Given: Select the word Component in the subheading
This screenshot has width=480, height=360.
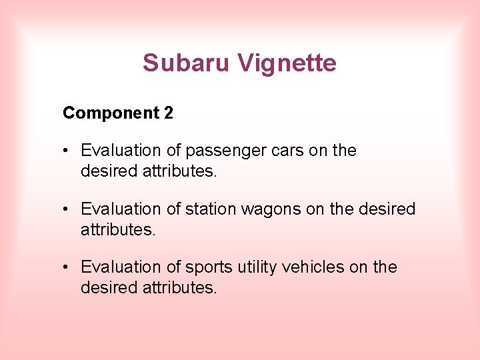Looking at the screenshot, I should [x=111, y=113].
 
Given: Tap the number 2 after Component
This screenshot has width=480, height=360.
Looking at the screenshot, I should [x=169, y=113].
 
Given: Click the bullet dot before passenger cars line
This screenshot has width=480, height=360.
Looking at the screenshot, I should [x=67, y=151].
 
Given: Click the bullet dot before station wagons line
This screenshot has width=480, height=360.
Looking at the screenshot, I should [x=67, y=209].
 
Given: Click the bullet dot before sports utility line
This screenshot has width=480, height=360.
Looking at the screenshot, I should [x=67, y=267].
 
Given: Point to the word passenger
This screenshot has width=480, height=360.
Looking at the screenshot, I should [x=222, y=151].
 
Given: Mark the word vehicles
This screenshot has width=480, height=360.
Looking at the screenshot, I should [x=313, y=267].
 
